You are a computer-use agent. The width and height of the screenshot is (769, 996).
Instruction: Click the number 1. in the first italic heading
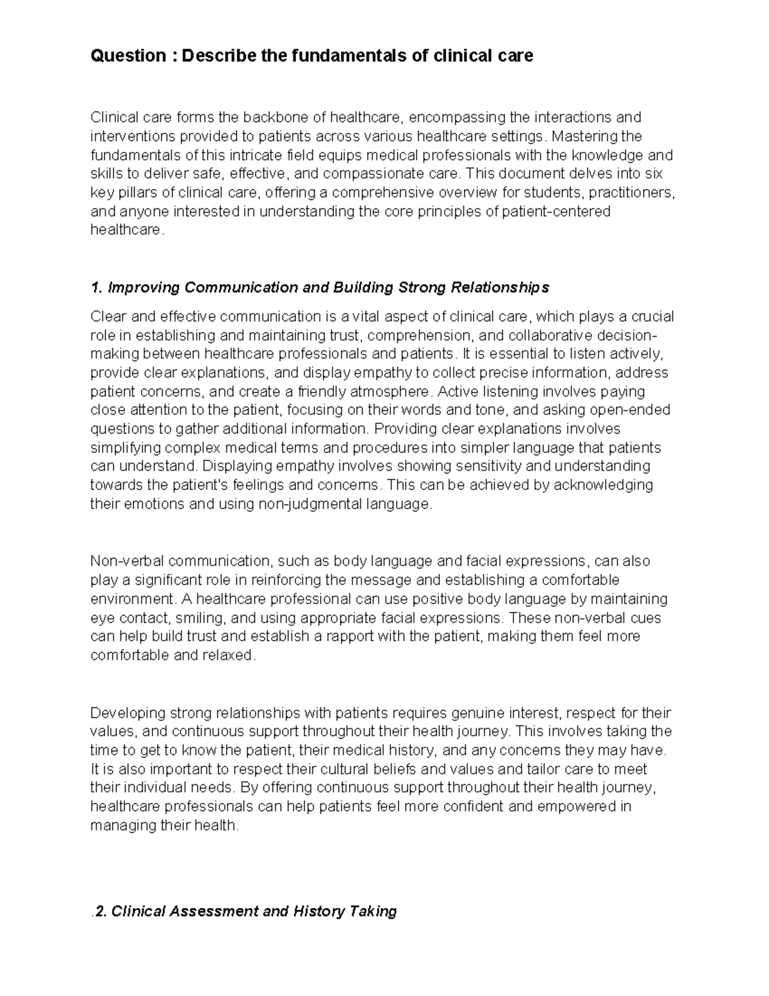point(97,287)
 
